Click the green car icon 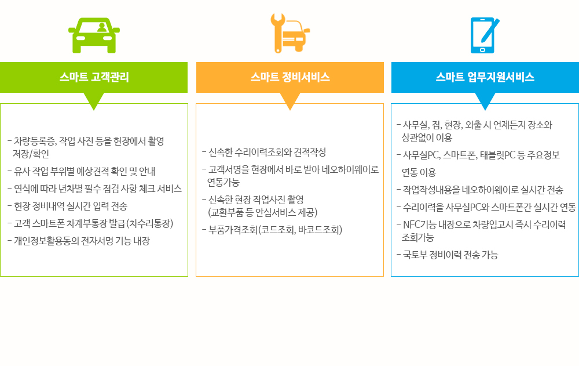(94, 35)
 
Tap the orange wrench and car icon (290, 33)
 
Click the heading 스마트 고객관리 (94, 77)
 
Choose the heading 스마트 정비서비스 (290, 77)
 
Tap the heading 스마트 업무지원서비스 (485, 77)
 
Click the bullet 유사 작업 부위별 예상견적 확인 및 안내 (81, 171)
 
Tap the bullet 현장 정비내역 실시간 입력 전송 (67, 206)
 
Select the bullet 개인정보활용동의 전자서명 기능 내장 (79, 241)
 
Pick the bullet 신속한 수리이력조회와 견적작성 (264, 152)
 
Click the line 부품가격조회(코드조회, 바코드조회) (272, 230)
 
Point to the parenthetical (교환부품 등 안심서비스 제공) (262, 212)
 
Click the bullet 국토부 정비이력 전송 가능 (447, 255)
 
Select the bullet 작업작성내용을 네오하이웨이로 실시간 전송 (480, 190)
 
